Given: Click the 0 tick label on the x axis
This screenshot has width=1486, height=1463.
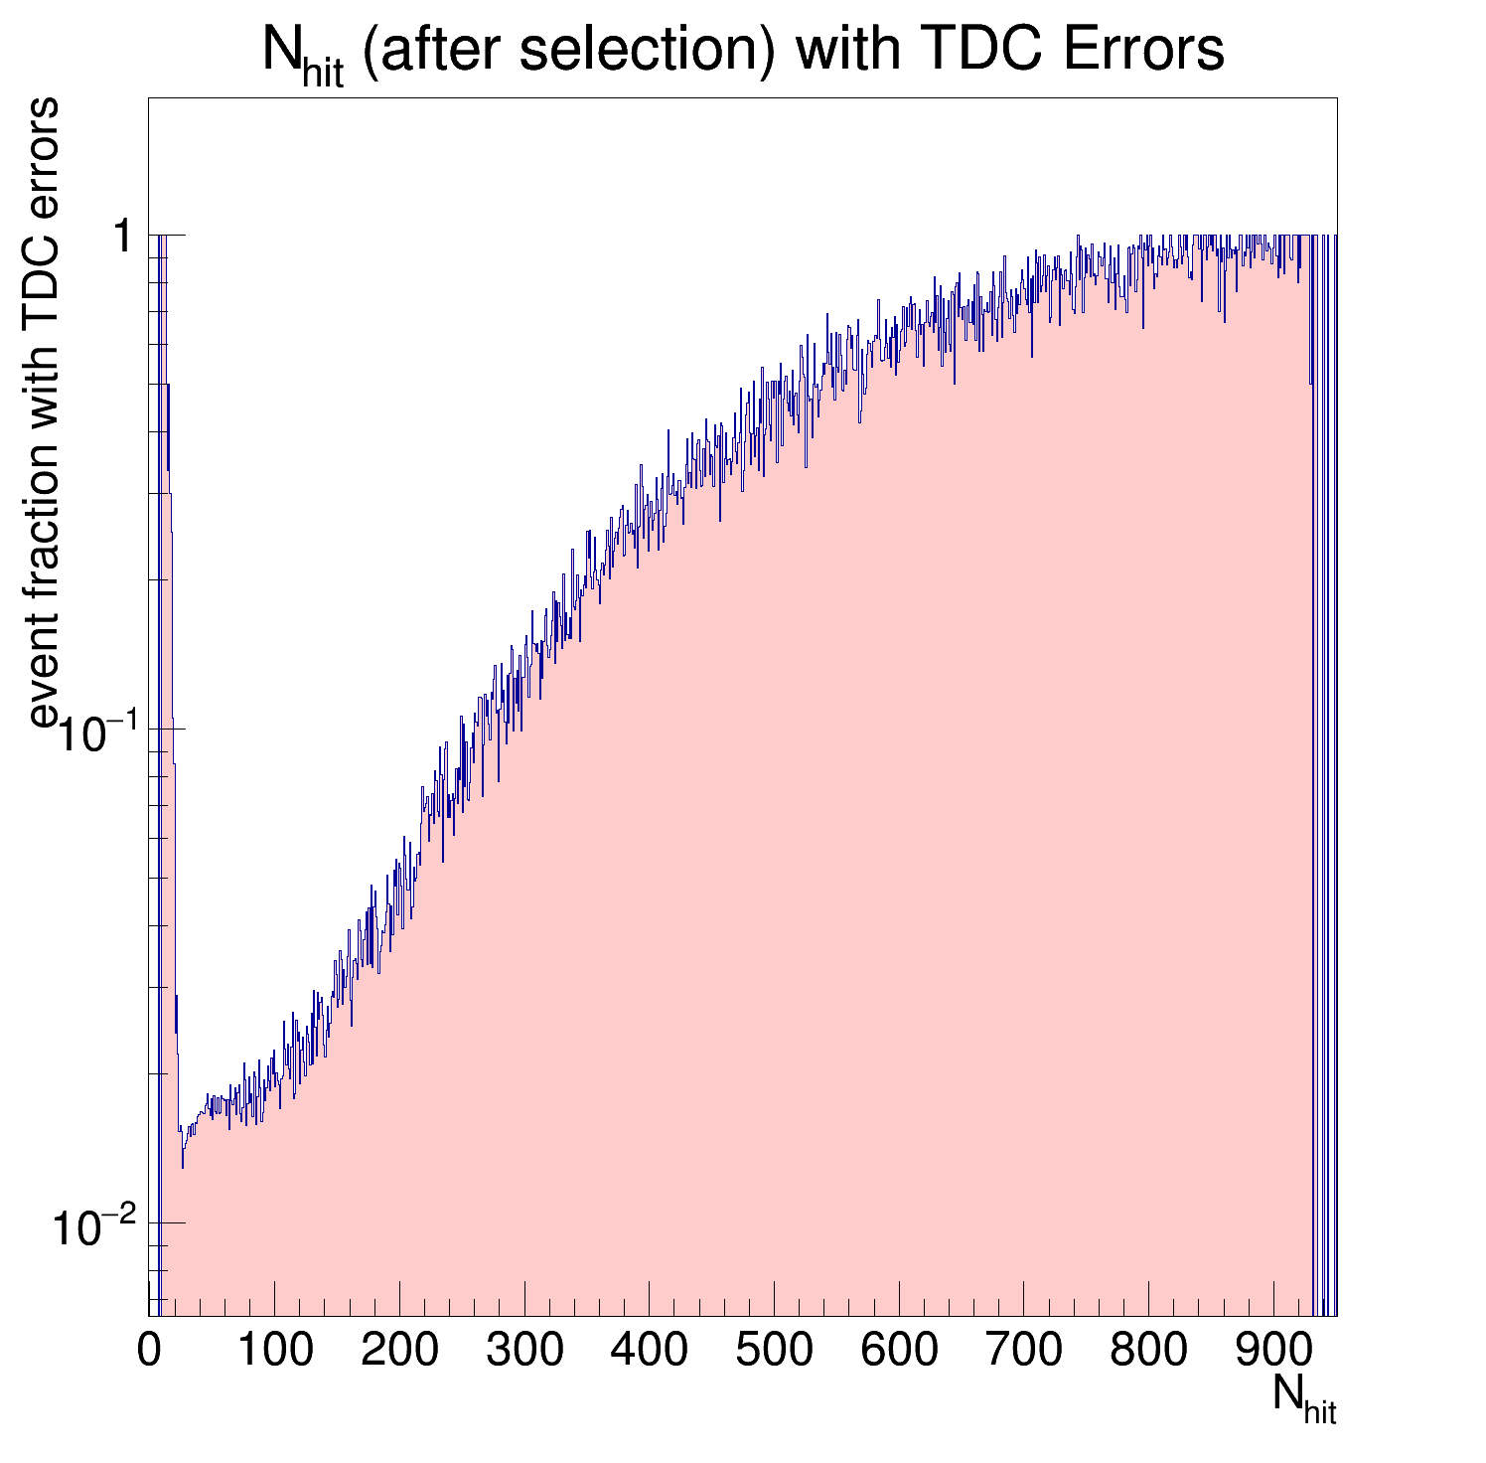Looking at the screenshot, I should pos(149,1351).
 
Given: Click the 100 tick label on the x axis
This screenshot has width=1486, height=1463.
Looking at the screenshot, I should pos(274,1351).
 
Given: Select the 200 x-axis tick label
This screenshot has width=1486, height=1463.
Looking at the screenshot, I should pos(399,1351).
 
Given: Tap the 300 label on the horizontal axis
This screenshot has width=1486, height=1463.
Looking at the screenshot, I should pos(524,1351).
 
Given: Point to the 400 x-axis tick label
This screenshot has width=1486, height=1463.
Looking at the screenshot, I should pos(649,1351).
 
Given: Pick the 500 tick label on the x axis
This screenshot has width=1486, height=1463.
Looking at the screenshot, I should pos(774,1351).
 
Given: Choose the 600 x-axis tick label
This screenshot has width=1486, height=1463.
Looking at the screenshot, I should pos(899,1351).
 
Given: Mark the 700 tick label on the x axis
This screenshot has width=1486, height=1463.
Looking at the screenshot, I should pos(1023,1351).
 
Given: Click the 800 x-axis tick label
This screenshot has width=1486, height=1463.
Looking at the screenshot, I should pos(1148,1351).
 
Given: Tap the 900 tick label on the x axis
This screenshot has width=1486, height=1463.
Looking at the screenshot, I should pos(1273,1351).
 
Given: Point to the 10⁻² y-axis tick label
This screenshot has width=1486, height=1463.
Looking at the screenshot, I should pos(94,1227).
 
